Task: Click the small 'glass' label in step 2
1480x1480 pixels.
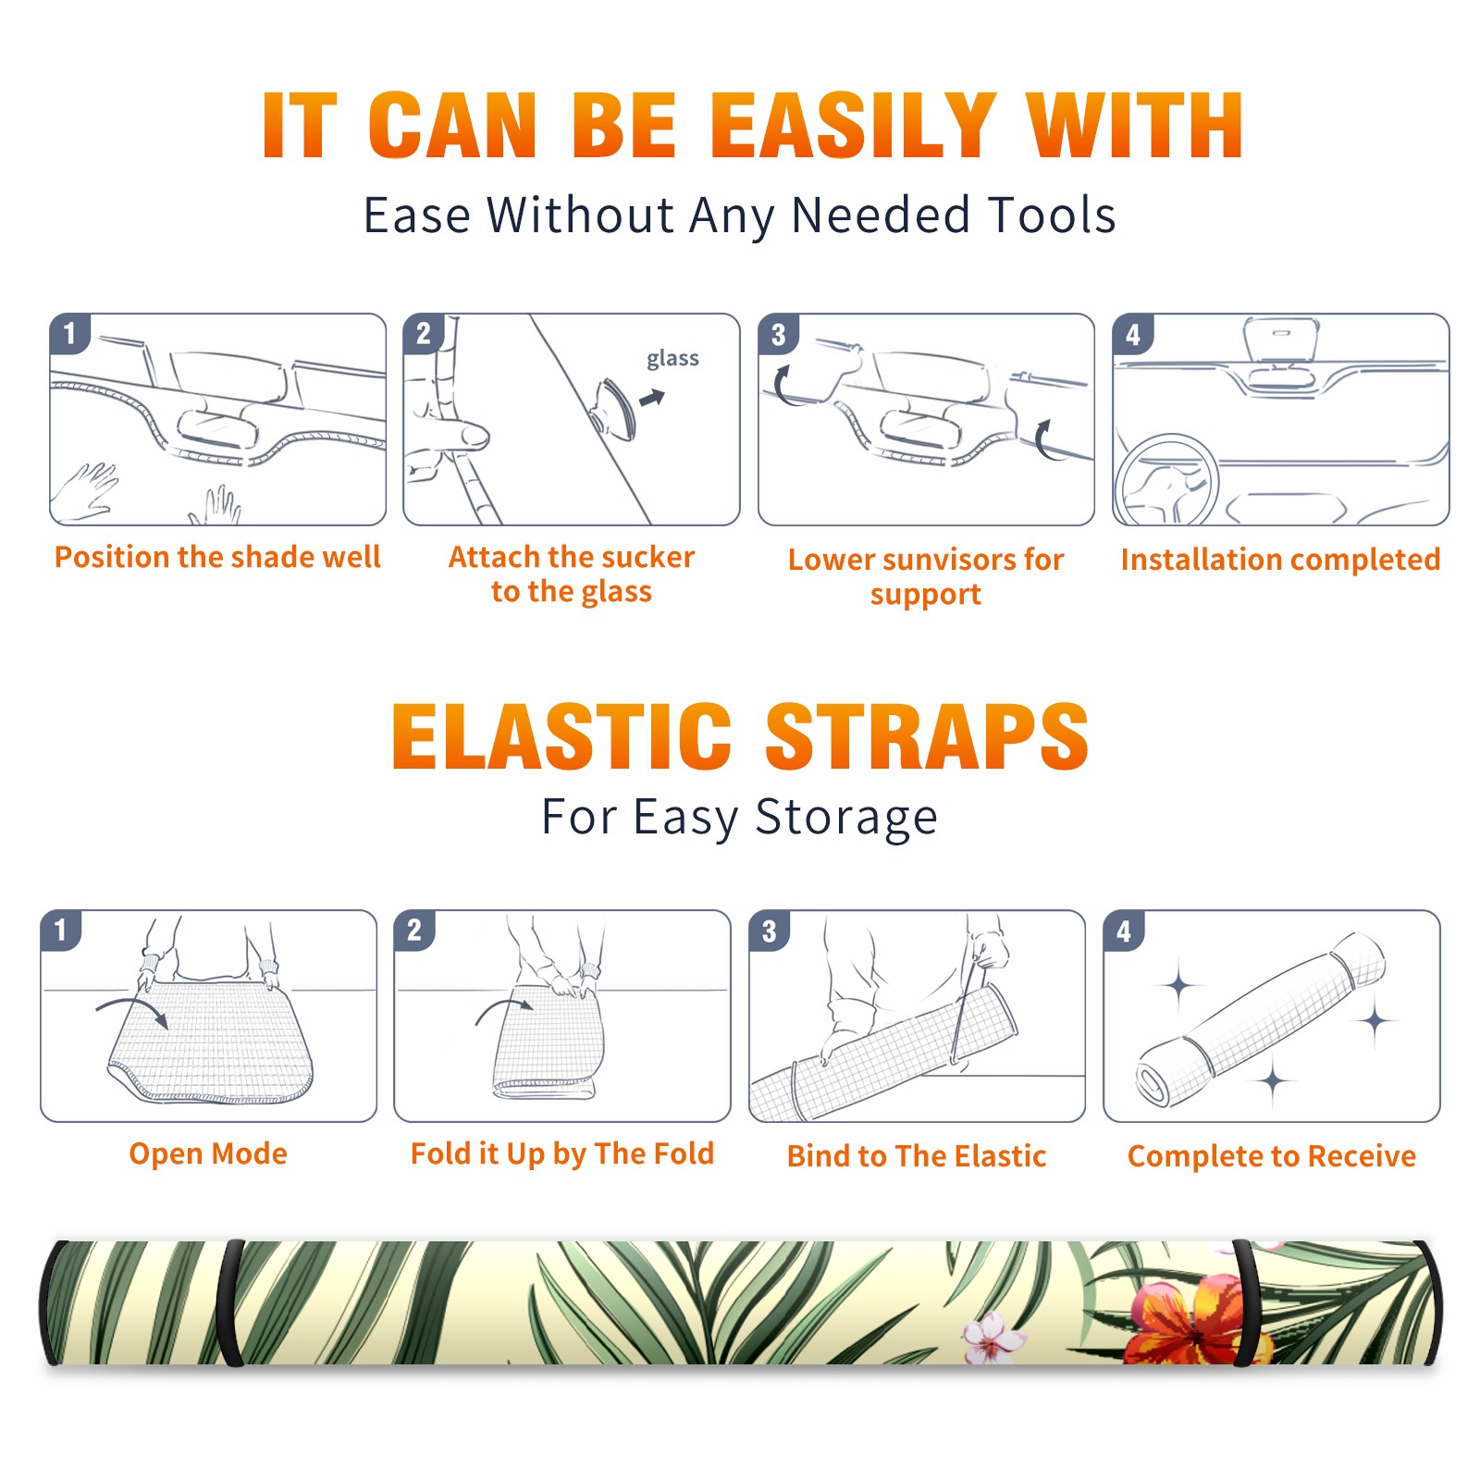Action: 672,359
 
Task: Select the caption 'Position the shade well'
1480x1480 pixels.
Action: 217,557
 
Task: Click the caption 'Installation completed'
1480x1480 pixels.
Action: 1280,559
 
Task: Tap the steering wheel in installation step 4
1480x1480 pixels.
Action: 1166,480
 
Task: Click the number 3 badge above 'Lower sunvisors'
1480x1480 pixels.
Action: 778,334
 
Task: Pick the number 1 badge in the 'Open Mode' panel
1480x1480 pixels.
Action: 61,930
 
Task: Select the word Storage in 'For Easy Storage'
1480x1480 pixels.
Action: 846,818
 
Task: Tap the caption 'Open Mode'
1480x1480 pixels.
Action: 208,1153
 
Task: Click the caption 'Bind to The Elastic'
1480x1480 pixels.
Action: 917,1155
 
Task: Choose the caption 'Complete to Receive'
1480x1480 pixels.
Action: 1272,1155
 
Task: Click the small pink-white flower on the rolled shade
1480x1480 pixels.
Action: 992,1338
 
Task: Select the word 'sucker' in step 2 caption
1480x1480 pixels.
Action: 647,557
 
